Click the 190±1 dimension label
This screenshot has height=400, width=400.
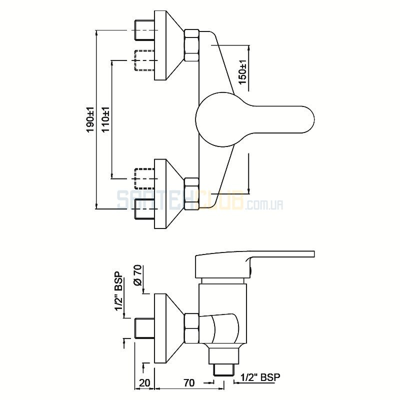tap(90, 119)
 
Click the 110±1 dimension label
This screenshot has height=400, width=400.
tap(105, 119)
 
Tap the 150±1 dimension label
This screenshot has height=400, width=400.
tap(242, 72)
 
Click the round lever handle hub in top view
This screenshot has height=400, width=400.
tap(219, 119)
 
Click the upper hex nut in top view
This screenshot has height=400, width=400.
tap(191, 45)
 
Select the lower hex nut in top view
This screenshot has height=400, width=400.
tap(191, 194)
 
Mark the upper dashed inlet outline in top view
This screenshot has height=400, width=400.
tap(144, 60)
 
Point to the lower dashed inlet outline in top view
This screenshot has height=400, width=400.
tap(144, 178)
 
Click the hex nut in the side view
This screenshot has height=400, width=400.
tap(191, 328)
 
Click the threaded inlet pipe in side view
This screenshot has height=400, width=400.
tap(144, 328)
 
